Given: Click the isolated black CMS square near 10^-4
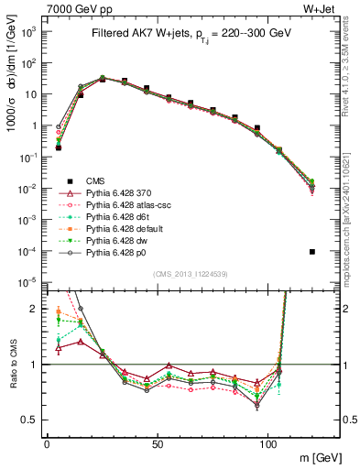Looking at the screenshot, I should click(x=312, y=252).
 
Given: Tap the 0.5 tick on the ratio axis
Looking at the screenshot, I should click(x=31, y=420).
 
